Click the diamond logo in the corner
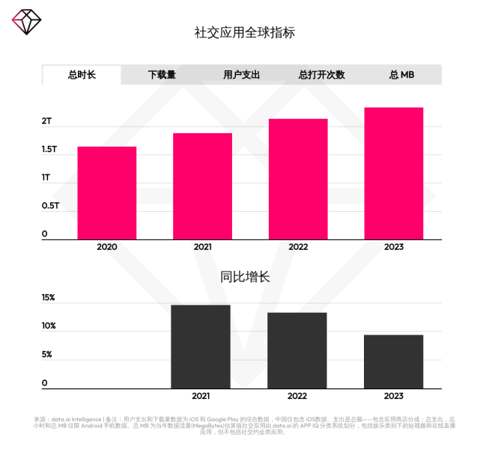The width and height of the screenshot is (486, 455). pyautogui.click(x=26, y=22)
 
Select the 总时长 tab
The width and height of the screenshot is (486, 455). pyautogui.click(x=82, y=75)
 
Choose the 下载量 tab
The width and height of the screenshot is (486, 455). pyautogui.click(x=162, y=75)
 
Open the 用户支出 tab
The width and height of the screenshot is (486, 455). pyautogui.click(x=241, y=75)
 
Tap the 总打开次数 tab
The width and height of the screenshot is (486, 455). pyautogui.click(x=321, y=75)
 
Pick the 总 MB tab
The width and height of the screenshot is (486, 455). pyautogui.click(x=401, y=75)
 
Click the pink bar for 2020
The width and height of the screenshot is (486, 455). pyautogui.click(x=107, y=192)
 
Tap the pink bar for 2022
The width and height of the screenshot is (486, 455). pyautogui.click(x=298, y=179)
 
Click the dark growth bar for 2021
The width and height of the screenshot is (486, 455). pyautogui.click(x=201, y=346)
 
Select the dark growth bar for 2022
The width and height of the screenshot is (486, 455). pyautogui.click(x=297, y=350)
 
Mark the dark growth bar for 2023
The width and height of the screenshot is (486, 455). pyautogui.click(x=394, y=361)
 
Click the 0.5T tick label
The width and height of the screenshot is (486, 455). pyautogui.click(x=50, y=206)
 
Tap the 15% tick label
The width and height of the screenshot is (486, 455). pyautogui.click(x=48, y=298)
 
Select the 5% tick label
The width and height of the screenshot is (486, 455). pyautogui.click(x=47, y=355)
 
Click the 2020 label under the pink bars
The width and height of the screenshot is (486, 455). pyautogui.click(x=107, y=247)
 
